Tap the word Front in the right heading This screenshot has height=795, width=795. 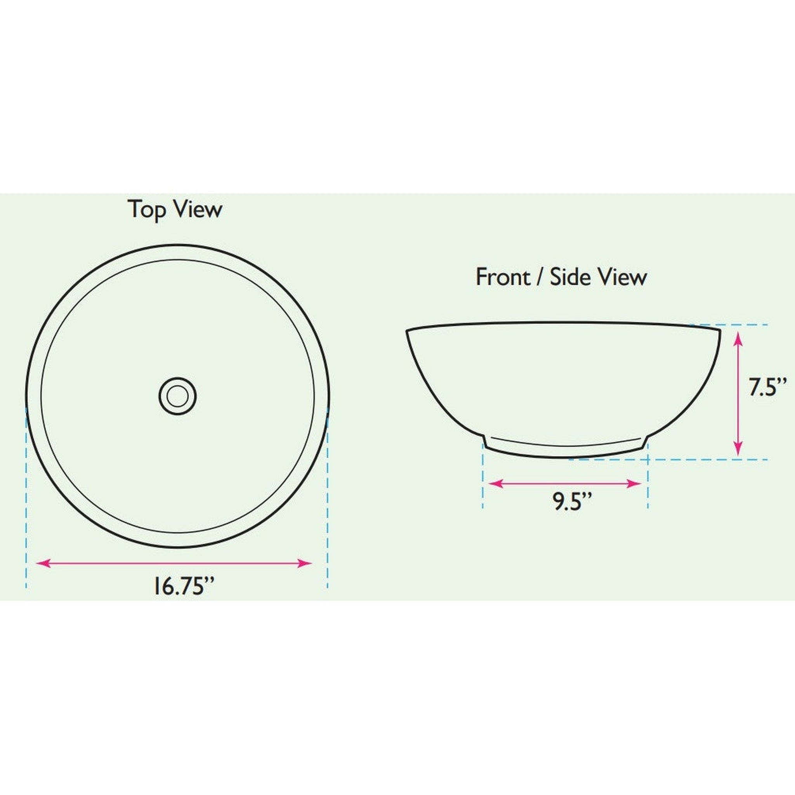click(503, 277)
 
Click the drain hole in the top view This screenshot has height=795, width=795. click(178, 396)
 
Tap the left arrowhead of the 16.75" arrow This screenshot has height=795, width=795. click(41, 563)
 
